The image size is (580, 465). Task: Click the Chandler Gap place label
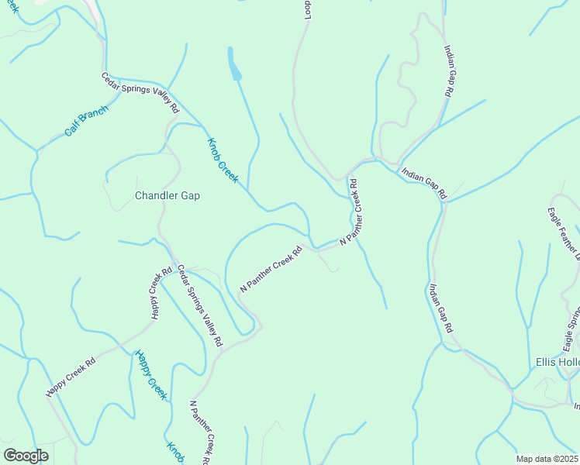coord(167,196)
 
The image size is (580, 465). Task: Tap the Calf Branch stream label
coord(86,122)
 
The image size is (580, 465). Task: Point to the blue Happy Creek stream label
coord(151,374)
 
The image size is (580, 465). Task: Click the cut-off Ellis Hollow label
coord(558,363)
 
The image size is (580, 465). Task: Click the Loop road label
coord(307,9)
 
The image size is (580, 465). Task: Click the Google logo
coord(26,456)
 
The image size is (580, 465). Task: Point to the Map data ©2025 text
coord(547,459)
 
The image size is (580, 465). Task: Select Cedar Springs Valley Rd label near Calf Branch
coord(140,93)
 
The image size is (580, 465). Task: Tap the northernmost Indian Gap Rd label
coord(448,71)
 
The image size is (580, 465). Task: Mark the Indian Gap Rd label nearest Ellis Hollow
coord(440,308)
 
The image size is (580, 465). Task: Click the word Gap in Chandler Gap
coord(190,196)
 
